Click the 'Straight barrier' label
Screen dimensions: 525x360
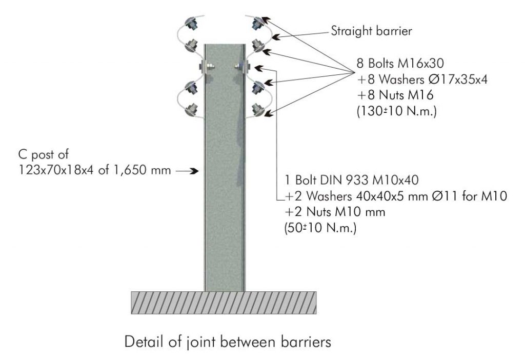tap(371, 31)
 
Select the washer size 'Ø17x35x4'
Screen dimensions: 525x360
tap(458, 79)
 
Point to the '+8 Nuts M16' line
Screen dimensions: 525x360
tap(395, 95)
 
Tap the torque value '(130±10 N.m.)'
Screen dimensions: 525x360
tap(397, 111)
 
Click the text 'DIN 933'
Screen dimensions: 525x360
tap(345, 180)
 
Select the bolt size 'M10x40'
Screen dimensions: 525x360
tap(395, 180)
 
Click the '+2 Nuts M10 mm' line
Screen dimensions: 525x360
tap(334, 212)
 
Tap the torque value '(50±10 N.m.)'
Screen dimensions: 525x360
tap(320, 228)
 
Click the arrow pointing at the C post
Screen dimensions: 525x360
tap(187, 171)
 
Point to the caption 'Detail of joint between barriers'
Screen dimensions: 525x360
tap(228, 342)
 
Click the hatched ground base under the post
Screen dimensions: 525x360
tap(224, 303)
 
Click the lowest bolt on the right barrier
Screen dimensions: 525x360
tap(257, 109)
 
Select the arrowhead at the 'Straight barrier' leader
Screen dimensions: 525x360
tap(275, 37)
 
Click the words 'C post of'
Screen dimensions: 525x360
tap(43, 154)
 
